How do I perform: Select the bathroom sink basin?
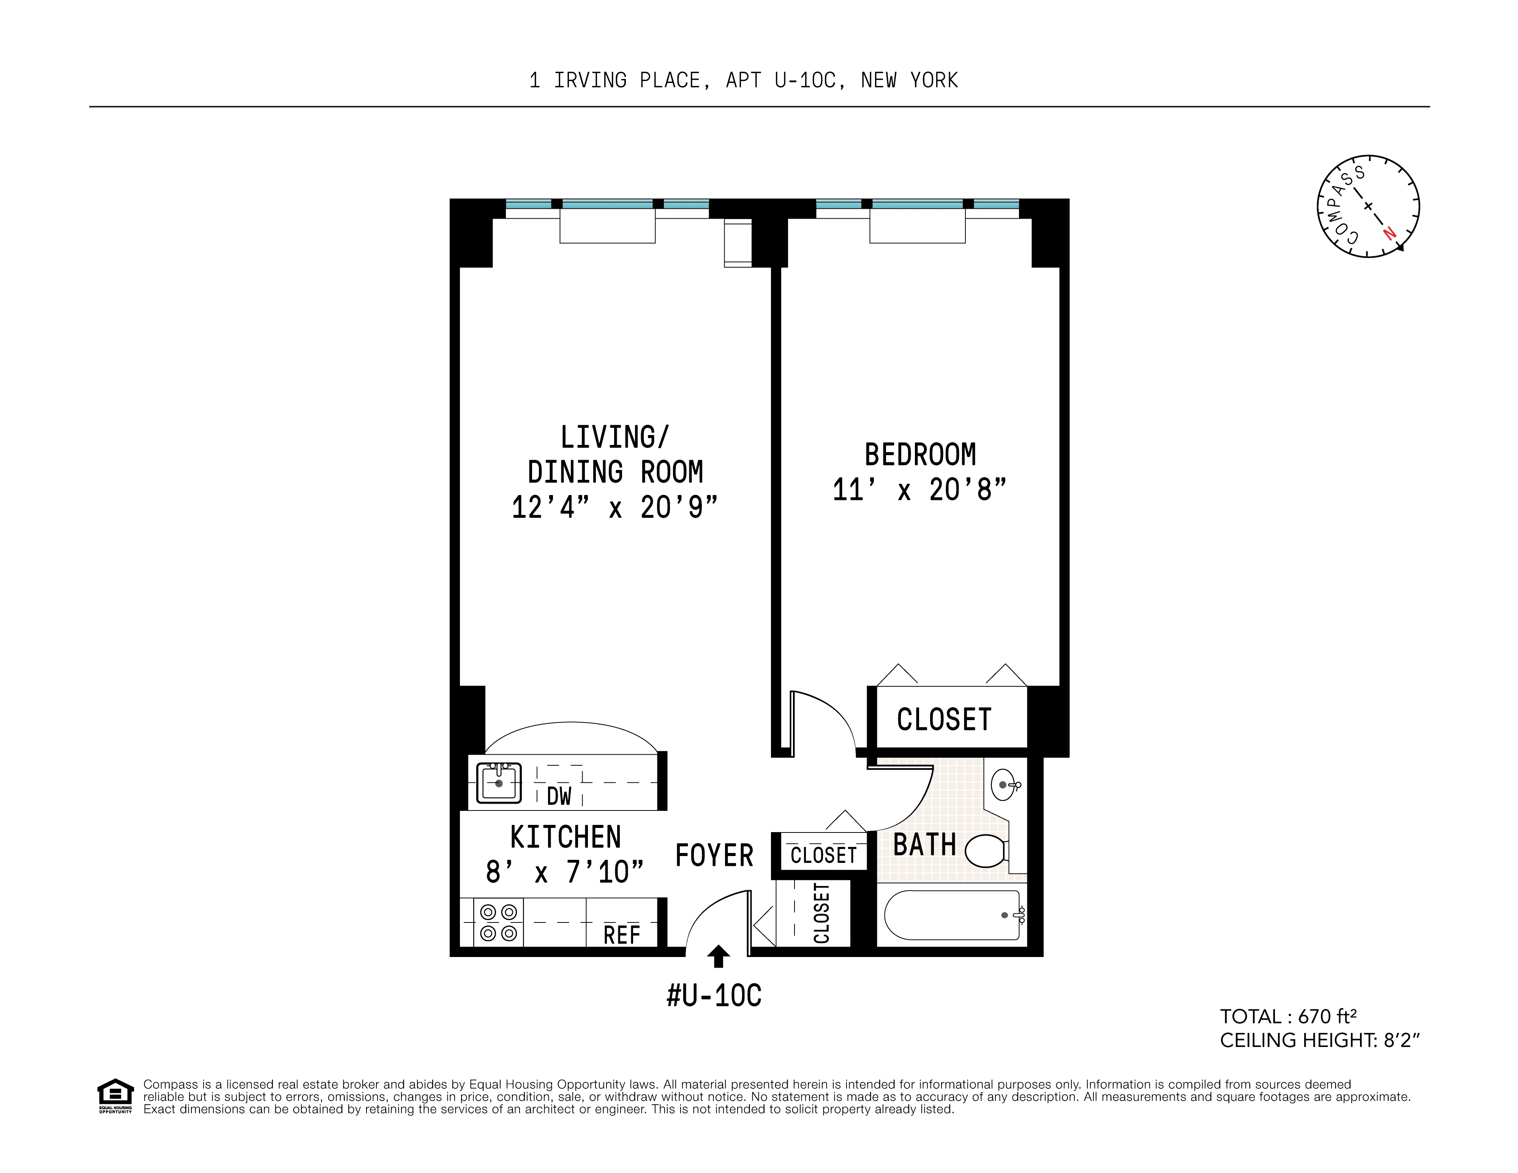(x=1004, y=785)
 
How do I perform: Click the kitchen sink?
(x=498, y=783)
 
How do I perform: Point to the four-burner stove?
(x=498, y=922)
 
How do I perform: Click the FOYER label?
(x=714, y=855)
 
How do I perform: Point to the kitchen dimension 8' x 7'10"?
(x=564, y=872)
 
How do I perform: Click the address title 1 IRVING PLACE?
(x=743, y=80)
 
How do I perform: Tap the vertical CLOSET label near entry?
(x=821, y=913)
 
